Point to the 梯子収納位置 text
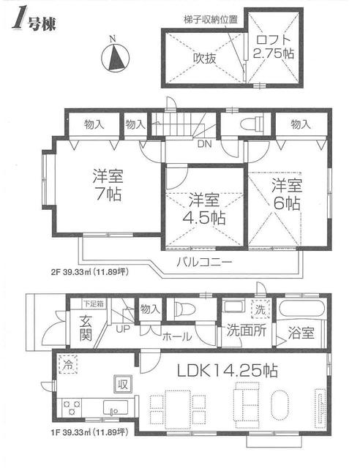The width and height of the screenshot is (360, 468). pos(211,20)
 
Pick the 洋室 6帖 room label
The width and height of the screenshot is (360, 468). pos(285,194)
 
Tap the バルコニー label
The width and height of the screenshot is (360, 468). pos(204,261)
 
